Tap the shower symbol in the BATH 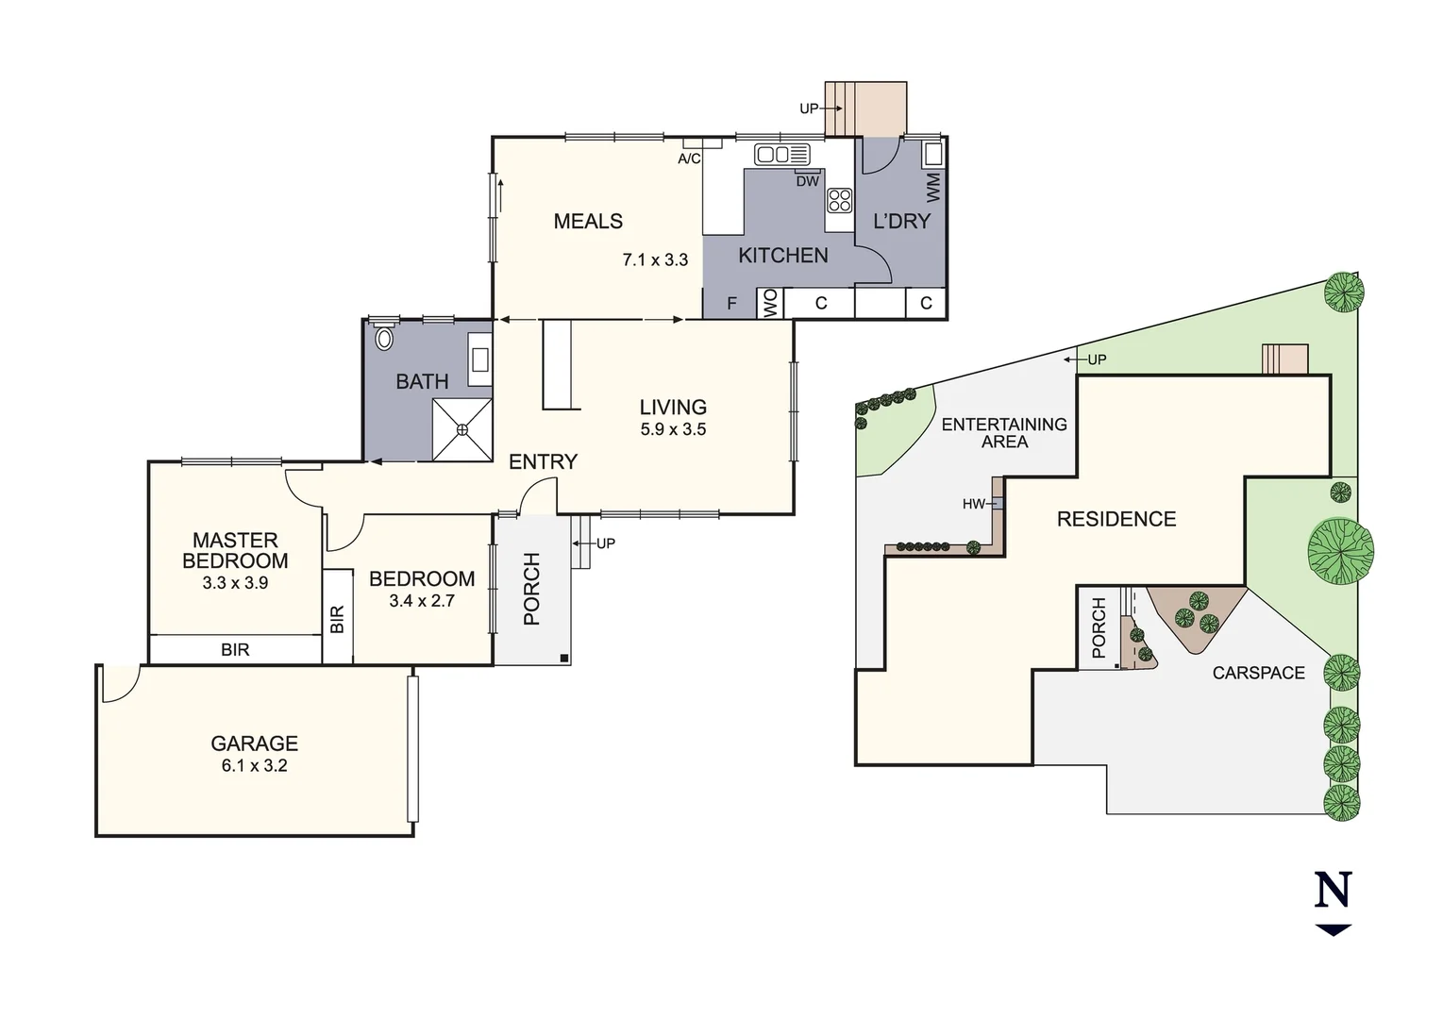[x=461, y=430]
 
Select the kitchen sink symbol [x=781, y=154]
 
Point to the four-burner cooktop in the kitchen [x=839, y=200]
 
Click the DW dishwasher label [x=807, y=181]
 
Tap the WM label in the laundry [x=933, y=187]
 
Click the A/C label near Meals [x=689, y=159]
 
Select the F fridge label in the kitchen [x=731, y=304]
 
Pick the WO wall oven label [x=770, y=303]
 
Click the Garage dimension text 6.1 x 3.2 [x=254, y=765]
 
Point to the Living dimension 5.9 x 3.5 [x=673, y=429]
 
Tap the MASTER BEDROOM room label [x=235, y=550]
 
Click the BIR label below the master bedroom [x=235, y=650]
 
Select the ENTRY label [x=543, y=461]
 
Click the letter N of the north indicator [x=1333, y=890]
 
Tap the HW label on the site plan [x=973, y=504]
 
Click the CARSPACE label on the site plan [x=1258, y=673]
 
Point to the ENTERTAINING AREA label [x=1004, y=433]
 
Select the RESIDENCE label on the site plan [x=1116, y=519]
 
